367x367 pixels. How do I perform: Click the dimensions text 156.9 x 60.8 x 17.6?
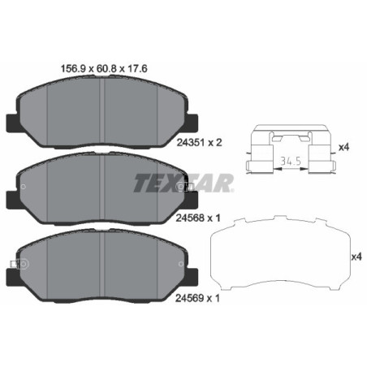tap(103, 69)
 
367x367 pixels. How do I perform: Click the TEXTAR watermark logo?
tap(182, 183)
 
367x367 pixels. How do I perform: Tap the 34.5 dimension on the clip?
tap(287, 161)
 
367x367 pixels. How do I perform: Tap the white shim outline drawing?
tap(280, 257)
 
